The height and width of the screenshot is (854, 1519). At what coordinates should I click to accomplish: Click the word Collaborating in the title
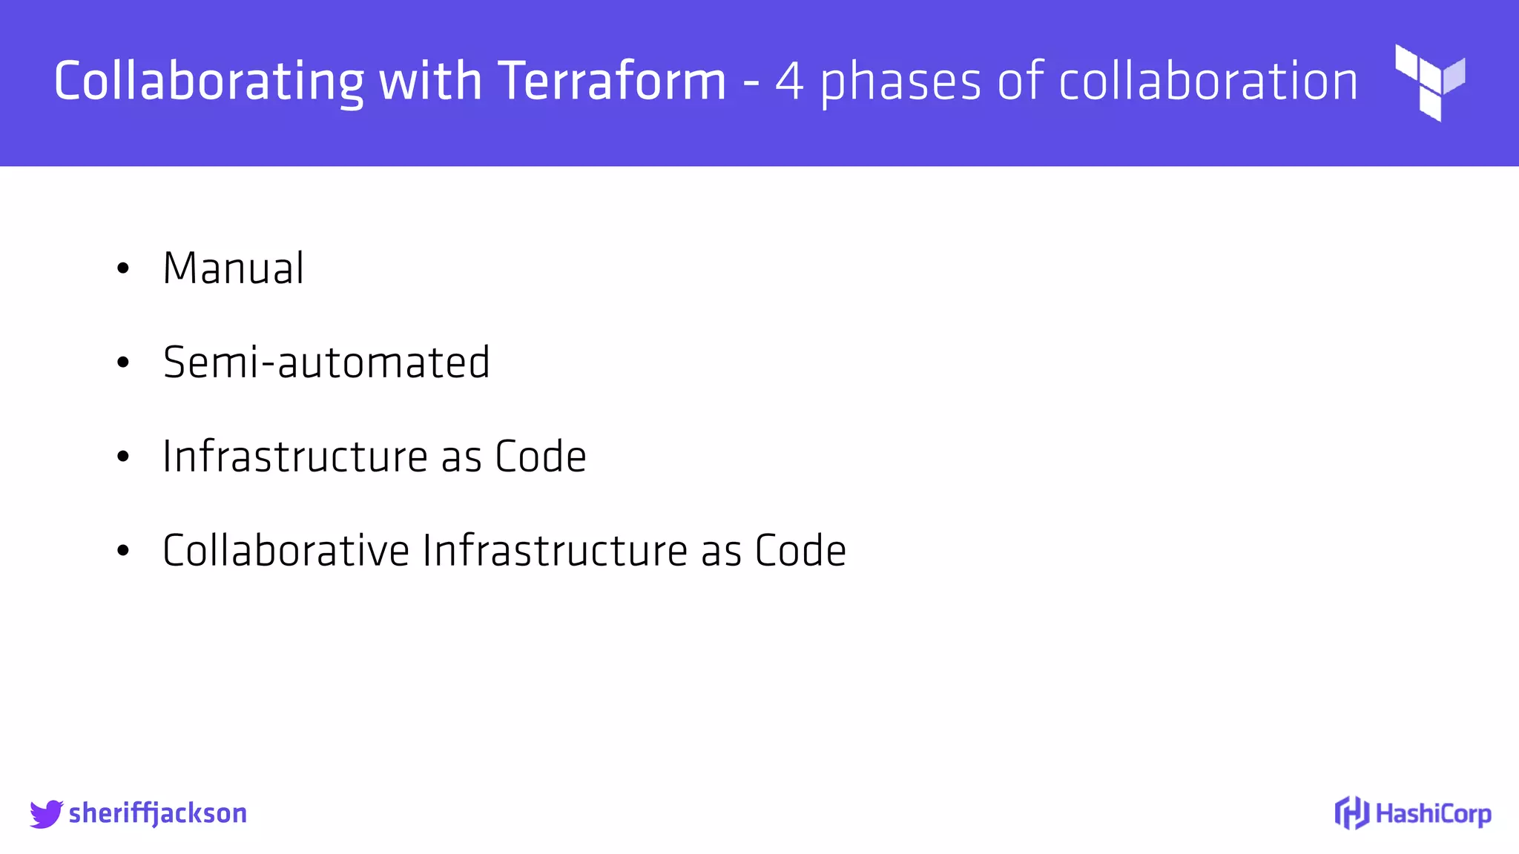click(x=209, y=81)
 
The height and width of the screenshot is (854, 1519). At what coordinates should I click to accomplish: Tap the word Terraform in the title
click(x=612, y=81)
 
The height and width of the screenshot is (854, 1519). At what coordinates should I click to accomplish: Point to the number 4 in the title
click(x=789, y=81)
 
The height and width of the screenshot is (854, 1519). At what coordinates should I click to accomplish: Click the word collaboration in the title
click(x=1208, y=81)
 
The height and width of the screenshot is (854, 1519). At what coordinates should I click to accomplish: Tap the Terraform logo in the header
click(x=1430, y=82)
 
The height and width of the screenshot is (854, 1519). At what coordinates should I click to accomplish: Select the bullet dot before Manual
click(x=123, y=268)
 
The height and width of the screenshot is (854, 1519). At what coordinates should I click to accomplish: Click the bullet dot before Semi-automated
click(x=123, y=363)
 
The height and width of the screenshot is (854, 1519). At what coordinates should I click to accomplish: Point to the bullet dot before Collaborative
click(x=123, y=551)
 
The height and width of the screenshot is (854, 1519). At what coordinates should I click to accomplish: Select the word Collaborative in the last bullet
click(x=286, y=550)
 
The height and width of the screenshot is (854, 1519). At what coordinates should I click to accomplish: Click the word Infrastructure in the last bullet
click(x=556, y=550)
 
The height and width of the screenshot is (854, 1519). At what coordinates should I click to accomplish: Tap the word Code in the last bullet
click(x=801, y=550)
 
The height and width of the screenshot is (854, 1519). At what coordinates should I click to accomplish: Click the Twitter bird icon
click(x=46, y=813)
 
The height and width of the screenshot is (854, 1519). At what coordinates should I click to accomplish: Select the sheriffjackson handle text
click(x=158, y=813)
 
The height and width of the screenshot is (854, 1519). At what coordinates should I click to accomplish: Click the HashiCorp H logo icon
click(x=1351, y=813)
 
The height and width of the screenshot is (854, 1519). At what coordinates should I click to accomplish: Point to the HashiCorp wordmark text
click(x=1433, y=814)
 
